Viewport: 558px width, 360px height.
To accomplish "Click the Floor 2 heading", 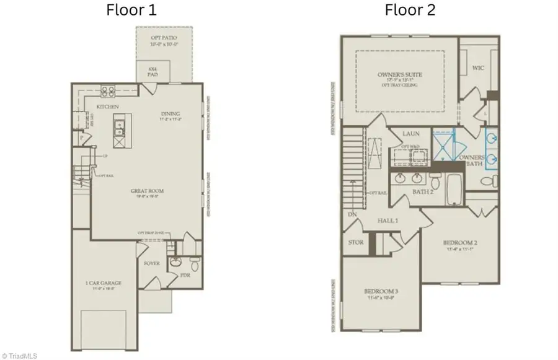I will [410, 10].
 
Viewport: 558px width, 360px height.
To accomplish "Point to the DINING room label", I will [170, 113].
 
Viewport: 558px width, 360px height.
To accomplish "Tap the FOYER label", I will [151, 263].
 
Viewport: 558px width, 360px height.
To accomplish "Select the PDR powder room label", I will [184, 276].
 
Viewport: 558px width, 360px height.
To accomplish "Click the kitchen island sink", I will [118, 129].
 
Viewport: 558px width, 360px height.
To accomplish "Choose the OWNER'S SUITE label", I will [400, 75].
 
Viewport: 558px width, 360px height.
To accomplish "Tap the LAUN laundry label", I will [411, 133].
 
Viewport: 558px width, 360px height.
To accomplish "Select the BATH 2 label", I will [422, 191].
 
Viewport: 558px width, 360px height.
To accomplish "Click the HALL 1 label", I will [388, 221].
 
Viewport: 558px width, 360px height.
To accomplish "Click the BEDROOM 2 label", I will [458, 243].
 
